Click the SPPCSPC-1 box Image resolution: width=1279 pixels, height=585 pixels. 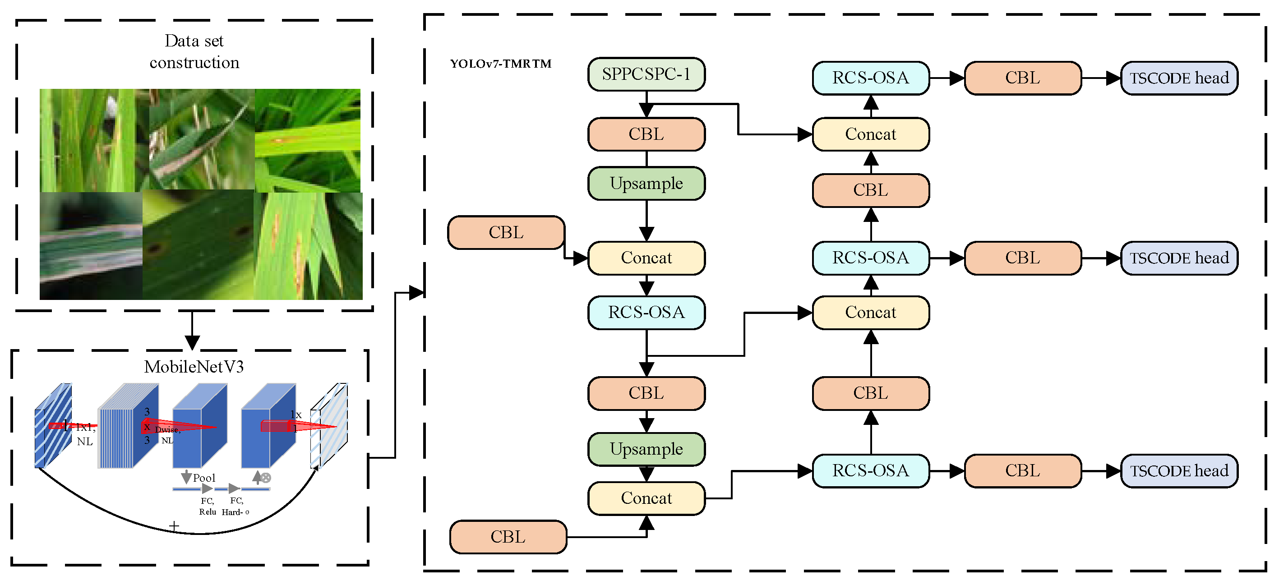point(646,74)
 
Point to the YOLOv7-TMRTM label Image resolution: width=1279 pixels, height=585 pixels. point(500,64)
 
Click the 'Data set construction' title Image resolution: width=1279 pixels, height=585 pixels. point(194,51)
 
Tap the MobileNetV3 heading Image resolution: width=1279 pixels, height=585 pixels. point(194,367)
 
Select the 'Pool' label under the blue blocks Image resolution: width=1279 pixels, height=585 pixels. point(204,478)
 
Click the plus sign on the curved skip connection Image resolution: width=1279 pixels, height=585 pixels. point(174,526)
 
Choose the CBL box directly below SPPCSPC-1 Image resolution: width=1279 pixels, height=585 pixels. point(646,134)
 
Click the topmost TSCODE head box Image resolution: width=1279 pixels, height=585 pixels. point(1179,78)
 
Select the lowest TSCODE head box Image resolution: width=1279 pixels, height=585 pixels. point(1179,471)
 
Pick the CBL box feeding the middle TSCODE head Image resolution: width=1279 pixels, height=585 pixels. point(1022,258)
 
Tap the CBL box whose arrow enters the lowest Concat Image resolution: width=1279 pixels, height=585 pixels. point(508,537)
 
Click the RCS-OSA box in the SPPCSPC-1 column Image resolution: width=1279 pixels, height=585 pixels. point(646,313)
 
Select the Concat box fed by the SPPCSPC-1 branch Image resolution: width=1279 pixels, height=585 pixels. point(870,134)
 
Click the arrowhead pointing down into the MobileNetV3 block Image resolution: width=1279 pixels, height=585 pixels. point(192,342)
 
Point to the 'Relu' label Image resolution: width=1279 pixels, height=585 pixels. point(208,512)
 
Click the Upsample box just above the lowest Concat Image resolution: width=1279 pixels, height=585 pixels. point(646,449)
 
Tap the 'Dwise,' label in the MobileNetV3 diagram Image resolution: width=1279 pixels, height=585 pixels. point(167,430)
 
